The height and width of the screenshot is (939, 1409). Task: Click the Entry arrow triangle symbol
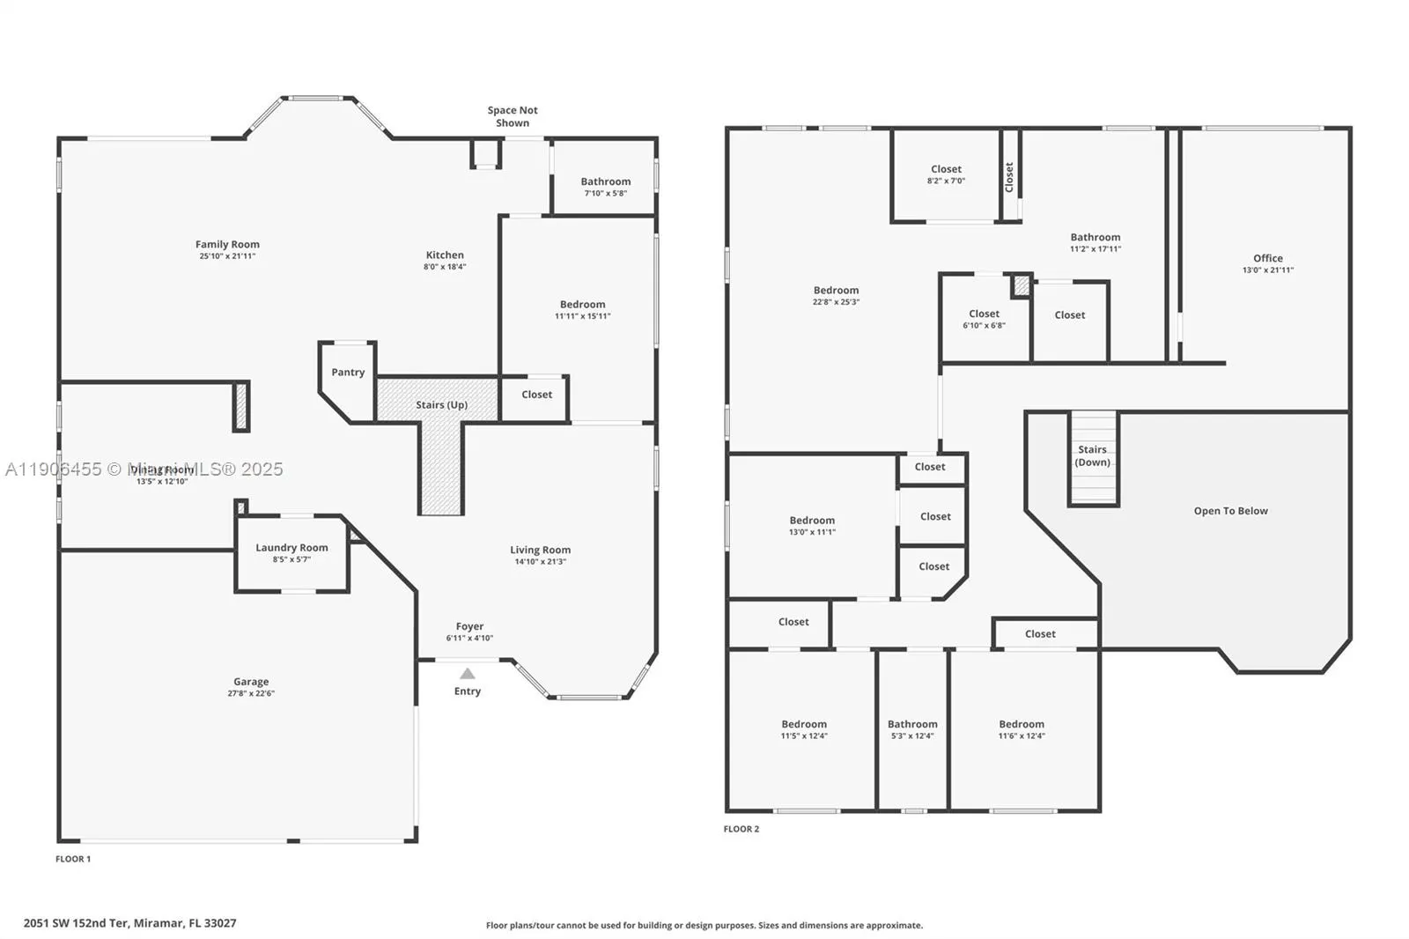(x=468, y=674)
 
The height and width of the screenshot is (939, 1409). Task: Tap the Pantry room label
(x=348, y=373)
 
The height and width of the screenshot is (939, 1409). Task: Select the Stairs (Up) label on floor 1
(x=441, y=405)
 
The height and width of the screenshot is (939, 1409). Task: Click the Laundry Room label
(x=291, y=548)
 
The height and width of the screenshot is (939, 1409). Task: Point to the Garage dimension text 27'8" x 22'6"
(x=251, y=694)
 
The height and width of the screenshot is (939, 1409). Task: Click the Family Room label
(x=227, y=245)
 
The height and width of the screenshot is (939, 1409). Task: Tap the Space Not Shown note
(x=513, y=116)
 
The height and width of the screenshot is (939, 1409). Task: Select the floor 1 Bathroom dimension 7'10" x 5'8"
(x=605, y=194)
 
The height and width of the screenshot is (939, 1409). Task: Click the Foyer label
(x=469, y=627)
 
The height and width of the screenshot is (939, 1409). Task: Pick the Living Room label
(x=540, y=551)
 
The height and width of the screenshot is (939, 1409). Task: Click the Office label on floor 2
(x=1267, y=259)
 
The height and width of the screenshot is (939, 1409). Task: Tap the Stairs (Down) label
(x=1092, y=455)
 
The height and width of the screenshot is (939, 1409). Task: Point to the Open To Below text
(x=1230, y=511)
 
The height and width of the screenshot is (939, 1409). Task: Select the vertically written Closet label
(x=1009, y=177)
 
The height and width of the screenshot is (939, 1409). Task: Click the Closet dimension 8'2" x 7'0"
(x=946, y=181)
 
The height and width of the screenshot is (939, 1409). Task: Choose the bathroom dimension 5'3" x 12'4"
(x=912, y=736)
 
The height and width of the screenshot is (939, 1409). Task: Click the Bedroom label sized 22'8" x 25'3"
(x=836, y=291)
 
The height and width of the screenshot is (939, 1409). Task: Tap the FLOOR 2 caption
(x=741, y=829)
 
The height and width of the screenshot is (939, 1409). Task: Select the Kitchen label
(x=445, y=255)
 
